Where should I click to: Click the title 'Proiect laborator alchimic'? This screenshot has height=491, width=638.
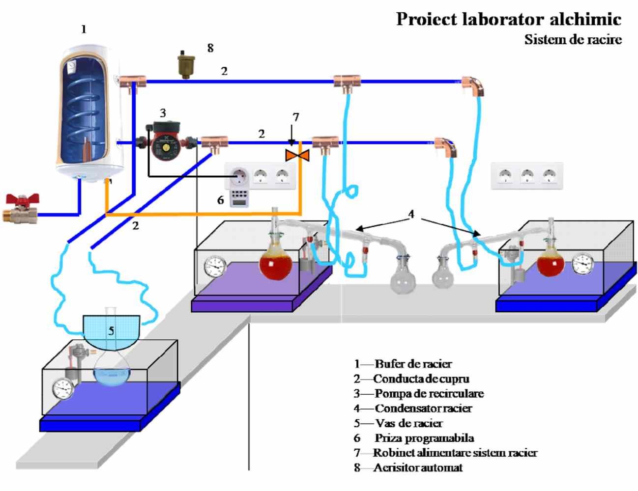509,20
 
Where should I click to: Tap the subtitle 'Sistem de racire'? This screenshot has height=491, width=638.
573,39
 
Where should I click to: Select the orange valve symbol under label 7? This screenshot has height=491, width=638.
297,156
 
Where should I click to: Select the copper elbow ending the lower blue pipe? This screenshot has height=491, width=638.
447,146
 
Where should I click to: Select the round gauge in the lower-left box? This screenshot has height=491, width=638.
63,388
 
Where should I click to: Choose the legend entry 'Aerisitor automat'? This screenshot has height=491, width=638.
418,467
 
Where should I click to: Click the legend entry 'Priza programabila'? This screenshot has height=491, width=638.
424,438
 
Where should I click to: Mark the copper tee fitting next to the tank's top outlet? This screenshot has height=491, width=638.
133,81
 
